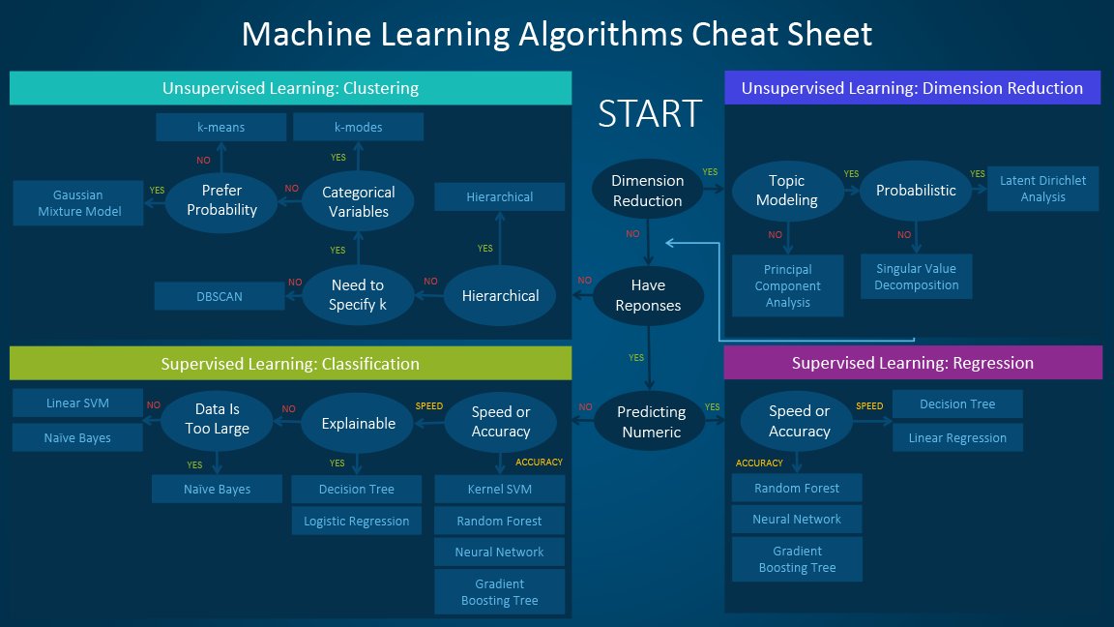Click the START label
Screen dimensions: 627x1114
[x=649, y=113]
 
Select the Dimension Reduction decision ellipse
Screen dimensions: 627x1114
[x=647, y=191]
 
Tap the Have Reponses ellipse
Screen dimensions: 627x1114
[x=648, y=295]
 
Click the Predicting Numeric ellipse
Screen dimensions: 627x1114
[x=651, y=422]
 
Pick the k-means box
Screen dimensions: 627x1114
[x=220, y=127]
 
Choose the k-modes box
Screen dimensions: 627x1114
[x=358, y=127]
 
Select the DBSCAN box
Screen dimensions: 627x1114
[x=220, y=296]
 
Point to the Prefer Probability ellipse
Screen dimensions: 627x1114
[x=221, y=200]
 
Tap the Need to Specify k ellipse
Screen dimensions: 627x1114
[x=357, y=295]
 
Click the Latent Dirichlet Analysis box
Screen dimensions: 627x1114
[x=1042, y=189]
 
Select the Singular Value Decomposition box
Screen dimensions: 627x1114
[x=916, y=277]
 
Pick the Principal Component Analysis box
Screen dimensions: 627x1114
[x=787, y=285]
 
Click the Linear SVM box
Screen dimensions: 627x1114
[x=77, y=403]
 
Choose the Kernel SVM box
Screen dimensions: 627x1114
[x=499, y=489]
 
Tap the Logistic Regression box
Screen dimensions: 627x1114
[x=356, y=521]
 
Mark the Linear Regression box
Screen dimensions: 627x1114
[x=956, y=437]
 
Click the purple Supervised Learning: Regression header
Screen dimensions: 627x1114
[x=912, y=363]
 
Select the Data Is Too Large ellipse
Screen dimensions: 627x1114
[x=219, y=419]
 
